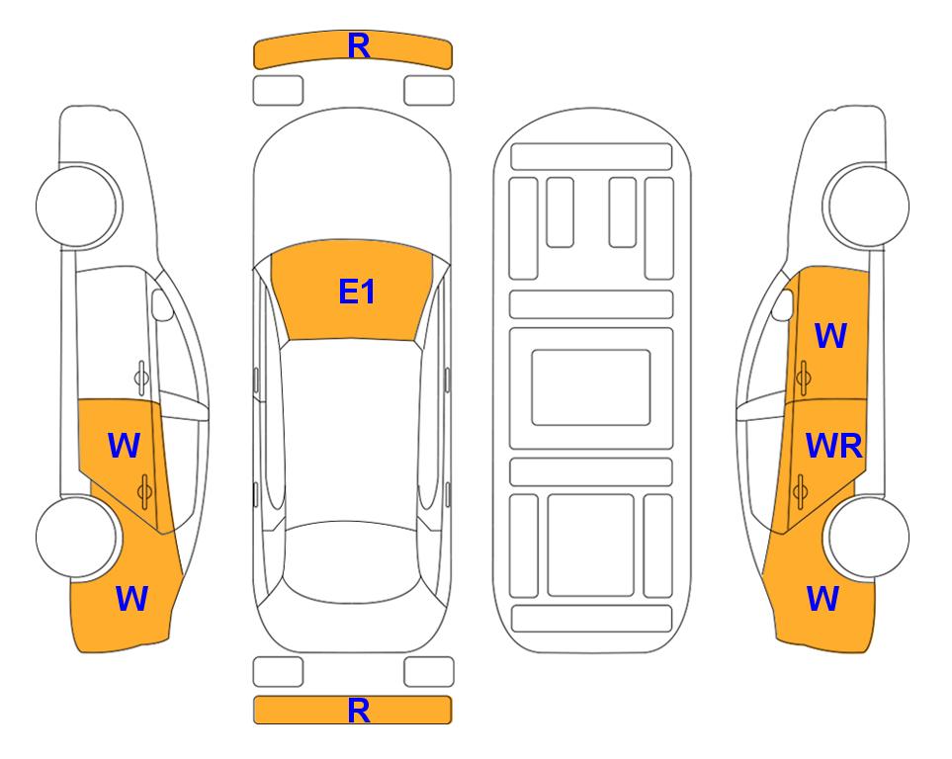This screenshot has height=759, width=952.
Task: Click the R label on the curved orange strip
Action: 359,46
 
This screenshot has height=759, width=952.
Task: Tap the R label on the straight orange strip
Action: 359,711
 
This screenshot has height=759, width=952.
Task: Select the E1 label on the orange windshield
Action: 357,292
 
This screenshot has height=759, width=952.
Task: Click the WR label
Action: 833,447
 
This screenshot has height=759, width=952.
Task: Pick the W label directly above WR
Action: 830,336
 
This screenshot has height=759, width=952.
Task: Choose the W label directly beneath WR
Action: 822,599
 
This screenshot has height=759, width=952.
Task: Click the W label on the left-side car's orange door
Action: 124,446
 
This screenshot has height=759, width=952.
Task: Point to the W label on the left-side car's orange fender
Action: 131,599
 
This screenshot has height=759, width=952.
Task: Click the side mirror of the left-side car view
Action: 161,304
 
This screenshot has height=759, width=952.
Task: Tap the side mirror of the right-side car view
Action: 783,304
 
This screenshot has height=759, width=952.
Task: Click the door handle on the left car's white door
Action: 141,378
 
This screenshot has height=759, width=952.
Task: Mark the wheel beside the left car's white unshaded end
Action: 77,206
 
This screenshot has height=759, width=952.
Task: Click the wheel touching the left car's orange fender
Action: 77,537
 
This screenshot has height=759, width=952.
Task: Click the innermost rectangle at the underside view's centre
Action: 591,387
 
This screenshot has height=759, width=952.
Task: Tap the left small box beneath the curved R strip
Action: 278,91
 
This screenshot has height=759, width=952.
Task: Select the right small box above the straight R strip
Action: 429,672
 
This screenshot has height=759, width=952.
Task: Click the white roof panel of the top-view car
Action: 351,431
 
